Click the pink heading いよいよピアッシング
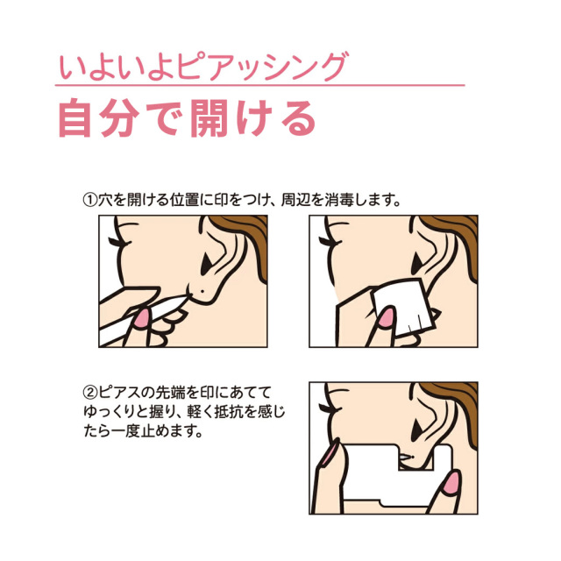(202, 67)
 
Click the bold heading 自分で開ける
(187, 118)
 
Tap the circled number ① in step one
(90, 200)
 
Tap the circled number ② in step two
(90, 393)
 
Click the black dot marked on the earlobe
(202, 291)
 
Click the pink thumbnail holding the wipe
(387, 316)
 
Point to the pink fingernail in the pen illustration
(141, 318)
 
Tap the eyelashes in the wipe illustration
(331, 242)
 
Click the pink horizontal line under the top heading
(259, 85)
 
